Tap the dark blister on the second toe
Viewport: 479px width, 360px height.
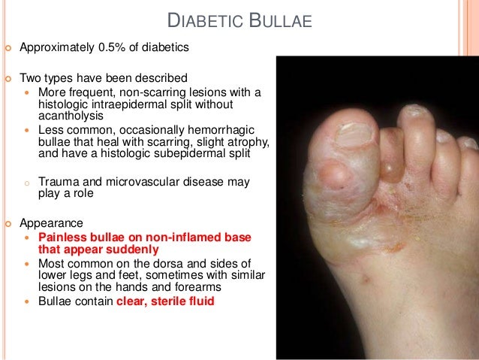(x=391, y=167)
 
